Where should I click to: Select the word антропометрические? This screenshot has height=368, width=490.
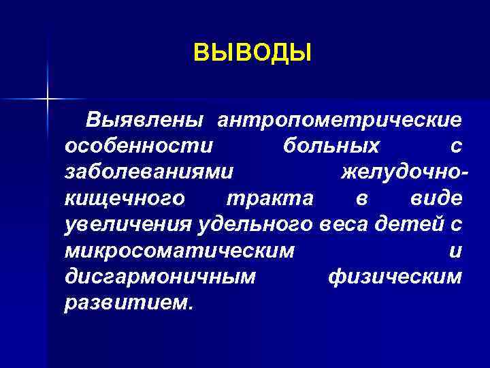(340, 121)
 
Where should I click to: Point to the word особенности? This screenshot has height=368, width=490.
(139, 146)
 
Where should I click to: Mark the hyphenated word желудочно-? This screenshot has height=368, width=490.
(404, 172)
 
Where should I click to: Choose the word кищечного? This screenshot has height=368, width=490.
(124, 198)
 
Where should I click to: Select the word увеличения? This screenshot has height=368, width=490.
(129, 224)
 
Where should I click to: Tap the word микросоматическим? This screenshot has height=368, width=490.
(180, 250)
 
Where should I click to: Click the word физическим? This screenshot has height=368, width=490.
(395, 276)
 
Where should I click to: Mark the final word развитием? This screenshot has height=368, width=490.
(128, 302)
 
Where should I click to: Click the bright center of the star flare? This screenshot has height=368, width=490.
(48, 99)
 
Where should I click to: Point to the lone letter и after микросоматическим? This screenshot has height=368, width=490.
(456, 250)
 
